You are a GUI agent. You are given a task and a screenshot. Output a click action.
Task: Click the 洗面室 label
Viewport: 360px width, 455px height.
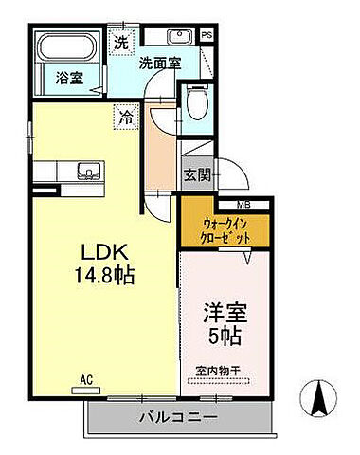(159, 64)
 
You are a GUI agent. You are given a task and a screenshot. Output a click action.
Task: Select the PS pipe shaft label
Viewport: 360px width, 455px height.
(207, 37)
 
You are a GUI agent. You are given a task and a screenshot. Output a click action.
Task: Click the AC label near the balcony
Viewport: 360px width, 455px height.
(86, 380)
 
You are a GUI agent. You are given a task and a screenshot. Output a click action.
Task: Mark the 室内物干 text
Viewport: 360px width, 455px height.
(226, 371)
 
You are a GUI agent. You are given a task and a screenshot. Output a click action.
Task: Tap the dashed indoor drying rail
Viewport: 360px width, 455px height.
(226, 381)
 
